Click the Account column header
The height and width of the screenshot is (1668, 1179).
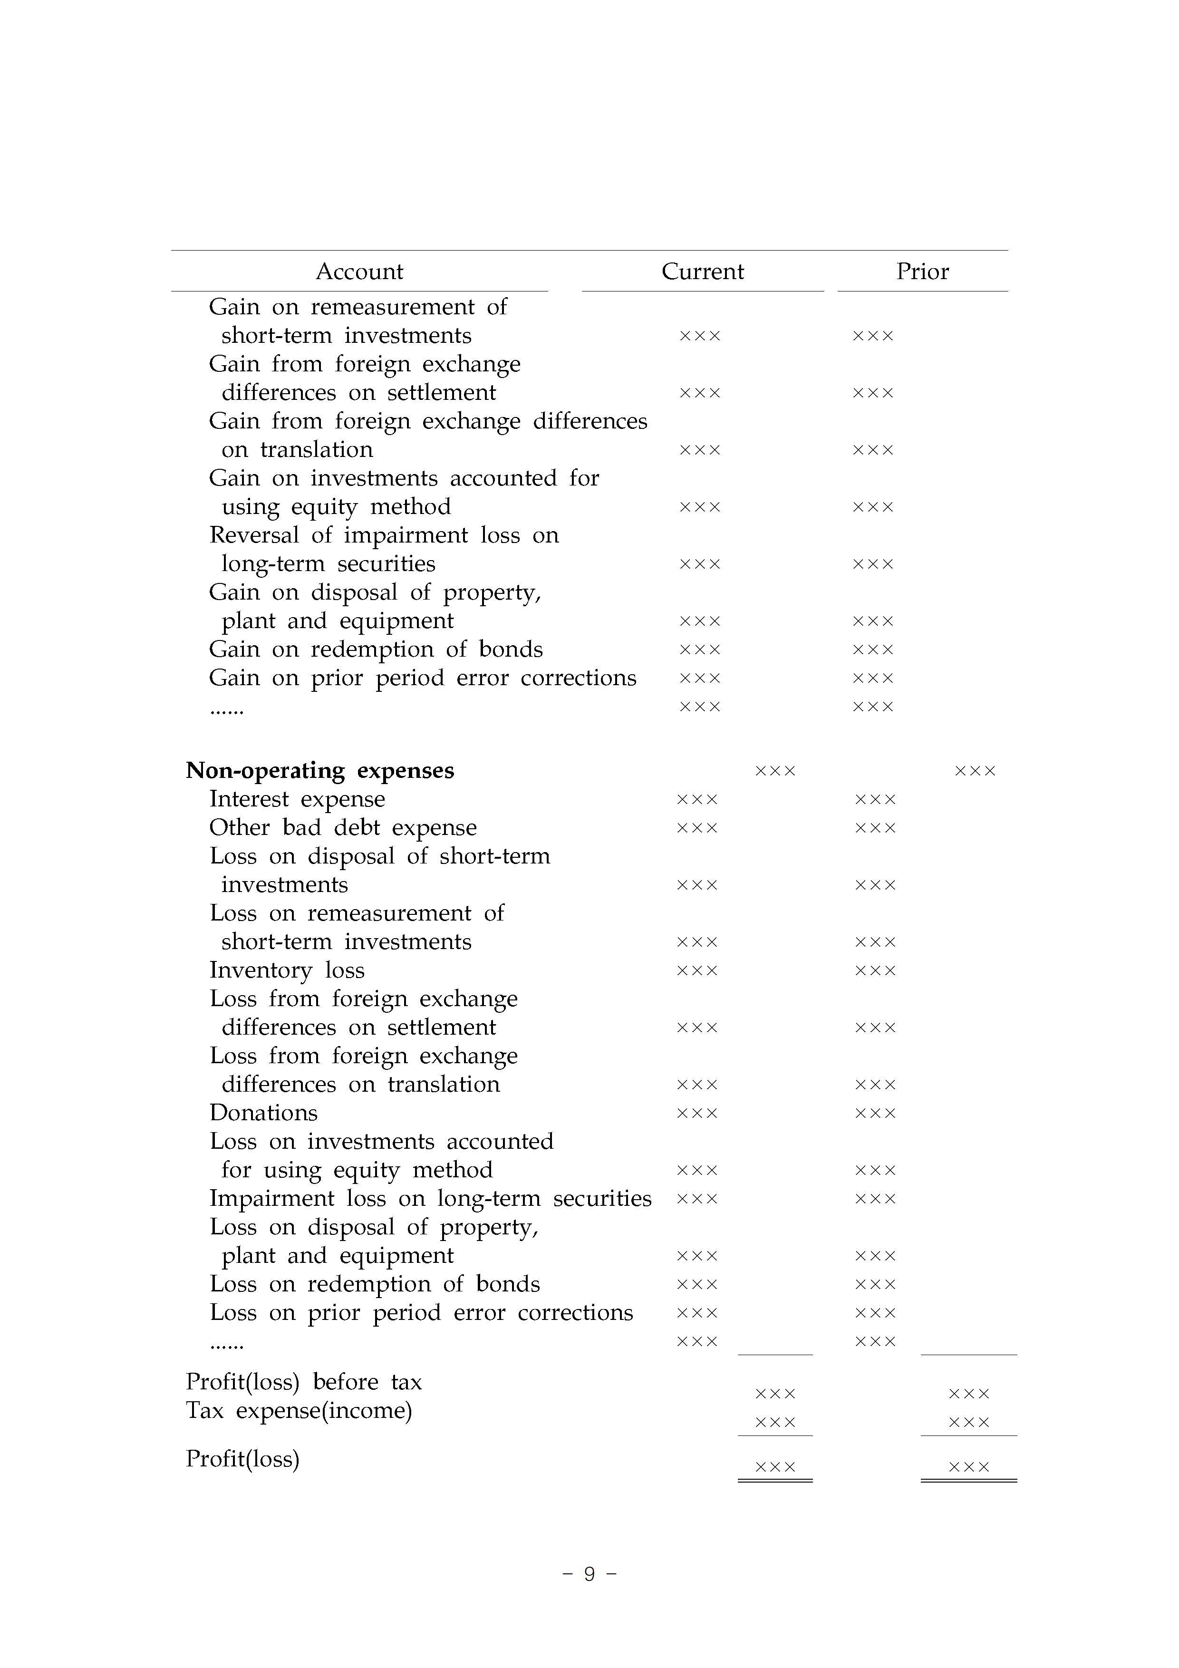pos(359,271)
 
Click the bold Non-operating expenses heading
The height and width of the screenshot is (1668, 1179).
pos(319,770)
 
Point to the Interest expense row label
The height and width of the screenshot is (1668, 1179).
pos(297,799)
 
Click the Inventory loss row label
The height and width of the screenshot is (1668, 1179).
pos(287,970)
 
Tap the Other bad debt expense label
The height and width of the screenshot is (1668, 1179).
pos(343,827)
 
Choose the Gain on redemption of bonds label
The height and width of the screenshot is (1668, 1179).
pos(376,649)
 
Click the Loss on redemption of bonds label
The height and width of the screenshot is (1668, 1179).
pos(375,1284)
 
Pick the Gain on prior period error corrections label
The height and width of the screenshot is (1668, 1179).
pos(422,678)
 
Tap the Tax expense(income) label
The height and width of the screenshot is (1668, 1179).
pos(299,1410)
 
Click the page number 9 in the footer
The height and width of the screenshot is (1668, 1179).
pos(589,1574)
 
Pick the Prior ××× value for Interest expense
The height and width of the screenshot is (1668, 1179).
pos(875,800)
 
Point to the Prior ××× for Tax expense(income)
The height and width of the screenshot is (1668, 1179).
pos(969,1423)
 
